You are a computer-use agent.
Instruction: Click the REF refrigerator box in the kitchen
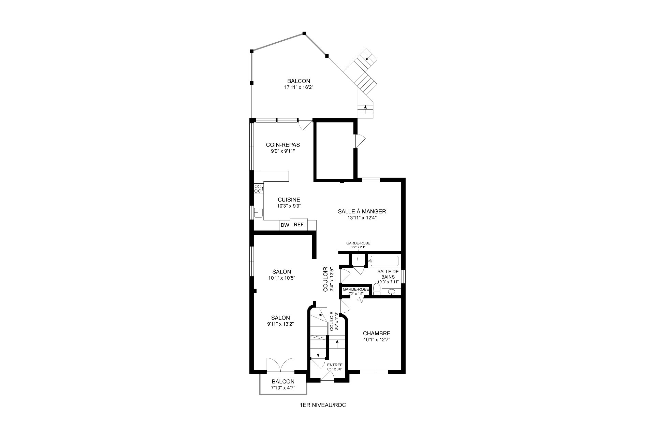pyautogui.click(x=299, y=225)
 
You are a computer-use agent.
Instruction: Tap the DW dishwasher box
pyautogui.click(x=285, y=225)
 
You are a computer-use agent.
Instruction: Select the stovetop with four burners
pyautogui.click(x=259, y=188)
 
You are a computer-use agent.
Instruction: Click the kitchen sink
pyautogui.click(x=258, y=212)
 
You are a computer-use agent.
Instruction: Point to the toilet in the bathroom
pyautogui.click(x=377, y=290)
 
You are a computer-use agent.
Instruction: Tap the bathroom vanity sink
pyautogui.click(x=391, y=292)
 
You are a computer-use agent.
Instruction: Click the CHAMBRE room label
pyautogui.click(x=377, y=333)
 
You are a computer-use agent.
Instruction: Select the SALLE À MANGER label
pyautogui.click(x=362, y=212)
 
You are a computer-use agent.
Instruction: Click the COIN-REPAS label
pyautogui.click(x=283, y=145)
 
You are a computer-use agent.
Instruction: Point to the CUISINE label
pyautogui.click(x=289, y=200)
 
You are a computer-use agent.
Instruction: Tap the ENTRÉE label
pyautogui.click(x=335, y=365)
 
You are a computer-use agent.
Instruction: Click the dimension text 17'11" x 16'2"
pyautogui.click(x=299, y=87)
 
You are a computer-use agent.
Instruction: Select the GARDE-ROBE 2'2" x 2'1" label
pyautogui.click(x=358, y=245)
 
